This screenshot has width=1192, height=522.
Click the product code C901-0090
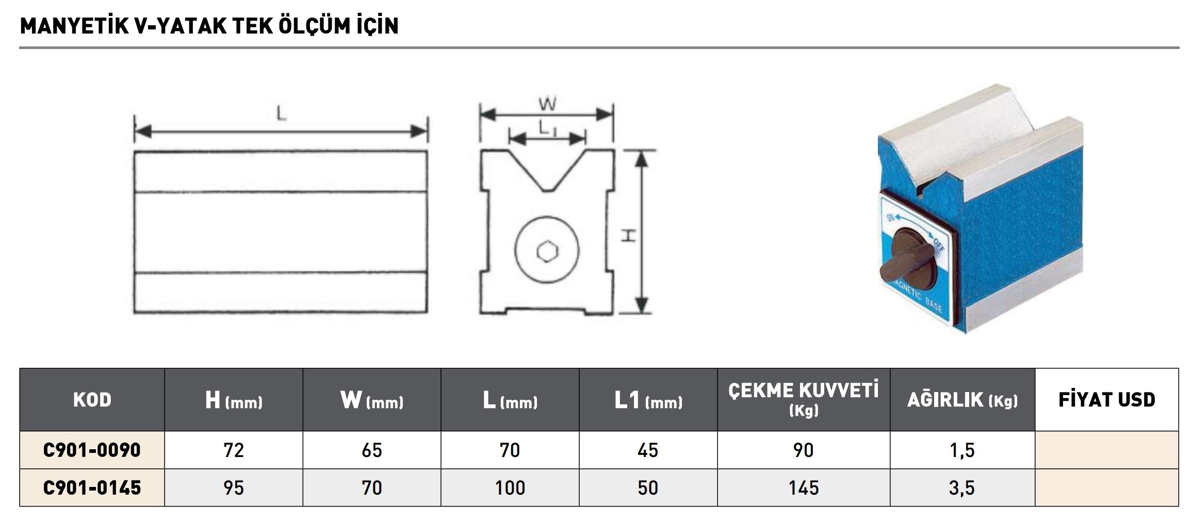tap(92, 450)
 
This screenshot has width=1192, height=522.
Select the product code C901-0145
tap(92, 487)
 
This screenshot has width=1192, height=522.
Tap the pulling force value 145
tap(804, 487)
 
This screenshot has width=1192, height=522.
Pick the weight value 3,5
tap(962, 488)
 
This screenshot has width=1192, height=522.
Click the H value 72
tap(234, 450)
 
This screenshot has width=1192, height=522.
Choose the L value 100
tap(510, 487)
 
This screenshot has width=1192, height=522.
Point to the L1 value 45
tap(648, 450)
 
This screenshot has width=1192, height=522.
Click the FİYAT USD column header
tap(1107, 400)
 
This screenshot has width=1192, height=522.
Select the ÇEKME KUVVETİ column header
tap(804, 399)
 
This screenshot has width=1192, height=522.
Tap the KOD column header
tap(92, 400)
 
